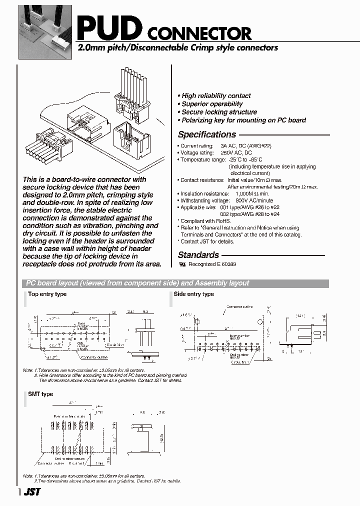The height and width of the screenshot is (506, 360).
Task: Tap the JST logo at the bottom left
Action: click(x=31, y=492)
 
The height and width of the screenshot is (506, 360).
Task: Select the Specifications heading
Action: click(x=207, y=134)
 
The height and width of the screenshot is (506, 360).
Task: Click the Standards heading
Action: click(x=198, y=255)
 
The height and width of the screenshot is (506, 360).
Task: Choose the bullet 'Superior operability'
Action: click(x=212, y=104)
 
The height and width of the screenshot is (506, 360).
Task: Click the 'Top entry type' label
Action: click(x=47, y=294)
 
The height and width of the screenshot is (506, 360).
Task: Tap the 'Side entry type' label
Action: click(x=193, y=294)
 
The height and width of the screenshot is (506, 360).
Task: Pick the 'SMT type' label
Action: click(x=40, y=394)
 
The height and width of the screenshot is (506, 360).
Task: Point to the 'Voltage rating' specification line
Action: click(x=216, y=152)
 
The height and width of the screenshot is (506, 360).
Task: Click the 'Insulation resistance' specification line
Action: click(x=225, y=193)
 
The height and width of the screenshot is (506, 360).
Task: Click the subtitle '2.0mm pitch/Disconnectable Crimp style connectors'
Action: click(x=177, y=48)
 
